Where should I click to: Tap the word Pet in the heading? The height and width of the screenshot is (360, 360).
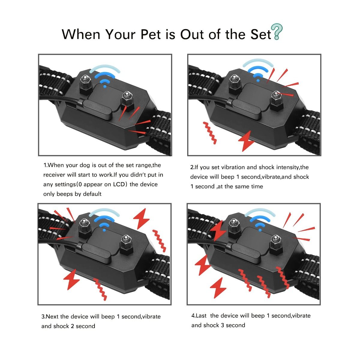point(151,34)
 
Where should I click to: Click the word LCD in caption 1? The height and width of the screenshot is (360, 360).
point(120,184)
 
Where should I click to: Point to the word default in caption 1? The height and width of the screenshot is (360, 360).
point(92,194)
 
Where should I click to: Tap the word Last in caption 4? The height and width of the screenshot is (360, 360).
point(201,316)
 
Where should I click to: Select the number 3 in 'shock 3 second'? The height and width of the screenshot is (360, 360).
point(222,325)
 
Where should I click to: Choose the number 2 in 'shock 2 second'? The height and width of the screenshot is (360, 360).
point(72,326)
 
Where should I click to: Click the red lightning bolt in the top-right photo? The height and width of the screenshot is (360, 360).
point(247,140)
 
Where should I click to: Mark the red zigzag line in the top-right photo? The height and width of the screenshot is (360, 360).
point(210,133)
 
